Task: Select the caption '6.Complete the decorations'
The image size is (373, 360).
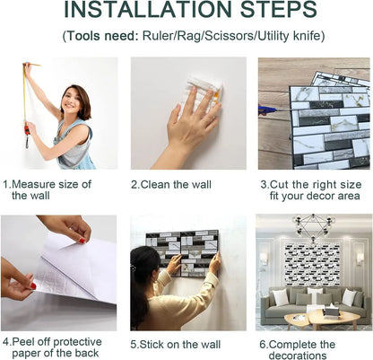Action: point(303,349)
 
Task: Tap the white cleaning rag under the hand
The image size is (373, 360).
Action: point(204,92)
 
